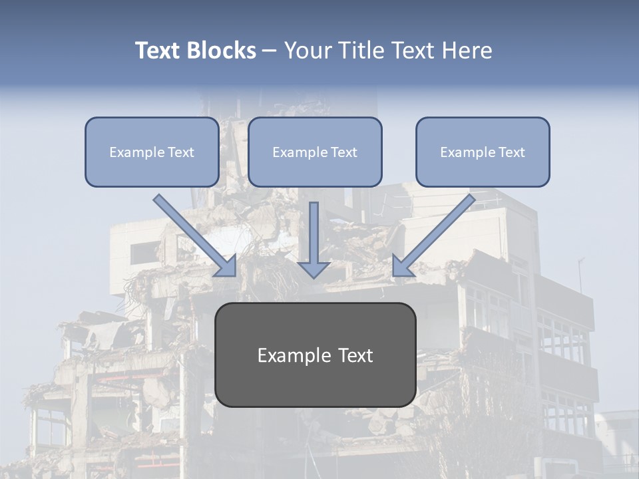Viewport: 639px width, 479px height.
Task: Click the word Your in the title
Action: (x=305, y=51)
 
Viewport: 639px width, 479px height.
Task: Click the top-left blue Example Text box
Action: (x=152, y=152)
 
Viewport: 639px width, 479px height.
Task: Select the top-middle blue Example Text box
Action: (x=315, y=152)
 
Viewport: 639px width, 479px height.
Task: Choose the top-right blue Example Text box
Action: (x=483, y=152)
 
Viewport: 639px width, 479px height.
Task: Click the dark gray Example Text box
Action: (x=315, y=355)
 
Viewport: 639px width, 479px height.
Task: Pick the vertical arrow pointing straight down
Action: (x=314, y=233)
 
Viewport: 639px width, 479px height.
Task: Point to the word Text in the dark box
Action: (x=355, y=355)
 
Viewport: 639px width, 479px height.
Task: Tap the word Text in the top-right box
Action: (x=511, y=152)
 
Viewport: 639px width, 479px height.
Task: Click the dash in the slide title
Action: (x=270, y=51)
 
